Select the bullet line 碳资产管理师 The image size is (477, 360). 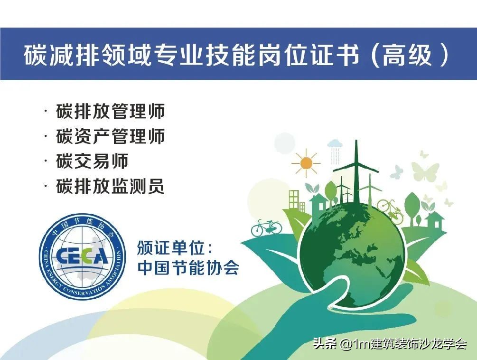pos(110,136)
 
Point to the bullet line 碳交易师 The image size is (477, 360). pos(92,161)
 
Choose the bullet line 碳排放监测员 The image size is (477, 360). pos(110,186)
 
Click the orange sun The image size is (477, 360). pos(306,163)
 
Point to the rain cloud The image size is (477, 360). pos(335,144)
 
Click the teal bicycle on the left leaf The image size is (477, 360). pos(266,227)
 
